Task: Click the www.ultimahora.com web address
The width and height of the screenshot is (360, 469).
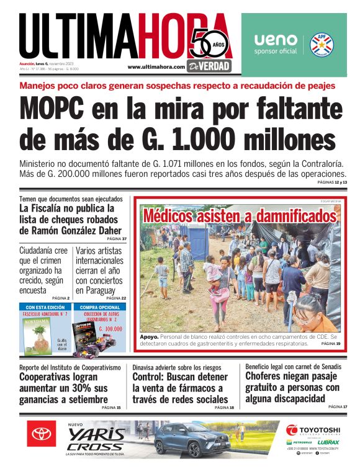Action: pos(156,67)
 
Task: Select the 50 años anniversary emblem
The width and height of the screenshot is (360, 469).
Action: pos(210,43)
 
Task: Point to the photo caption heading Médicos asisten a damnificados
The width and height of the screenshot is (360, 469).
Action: pos(238,217)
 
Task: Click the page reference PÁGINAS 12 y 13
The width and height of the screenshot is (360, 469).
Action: pos(332,182)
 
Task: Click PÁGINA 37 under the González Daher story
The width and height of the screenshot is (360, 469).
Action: pos(116,239)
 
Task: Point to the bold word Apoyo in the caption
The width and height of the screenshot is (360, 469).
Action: pos(149,336)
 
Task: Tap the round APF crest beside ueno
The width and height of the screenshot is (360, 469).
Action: pos(323,44)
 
